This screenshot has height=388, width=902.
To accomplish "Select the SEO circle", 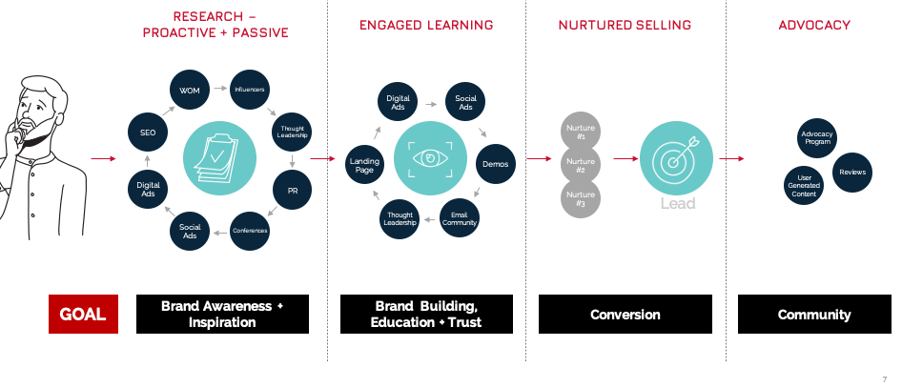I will coord(148,133).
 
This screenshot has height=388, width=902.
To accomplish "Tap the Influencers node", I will coord(250,90).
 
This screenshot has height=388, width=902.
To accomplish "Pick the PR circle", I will coord(292,190).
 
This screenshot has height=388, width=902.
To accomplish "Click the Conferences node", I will coord(250,231).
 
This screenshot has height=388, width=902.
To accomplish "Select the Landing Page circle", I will coord(364,164).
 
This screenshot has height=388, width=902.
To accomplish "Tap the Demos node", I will coord(495,164).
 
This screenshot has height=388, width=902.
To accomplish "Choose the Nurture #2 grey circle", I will coord(581,164).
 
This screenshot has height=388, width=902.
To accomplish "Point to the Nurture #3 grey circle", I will coord(581,198).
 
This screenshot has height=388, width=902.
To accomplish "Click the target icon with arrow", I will coord(676,158).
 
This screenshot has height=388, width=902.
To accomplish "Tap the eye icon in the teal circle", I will coord(430,158).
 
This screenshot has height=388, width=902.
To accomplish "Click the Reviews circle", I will coord(852,173).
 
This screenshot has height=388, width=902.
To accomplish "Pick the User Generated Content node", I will coord(804,186).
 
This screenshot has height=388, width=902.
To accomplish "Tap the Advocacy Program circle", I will coord(817,139).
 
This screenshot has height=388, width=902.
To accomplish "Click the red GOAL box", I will coord(83,315).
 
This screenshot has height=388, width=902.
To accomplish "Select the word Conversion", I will coord(625,315).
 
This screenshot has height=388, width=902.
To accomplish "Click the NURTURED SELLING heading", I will coord(625,25).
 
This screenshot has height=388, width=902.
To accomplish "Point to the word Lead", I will coord(677,204).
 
